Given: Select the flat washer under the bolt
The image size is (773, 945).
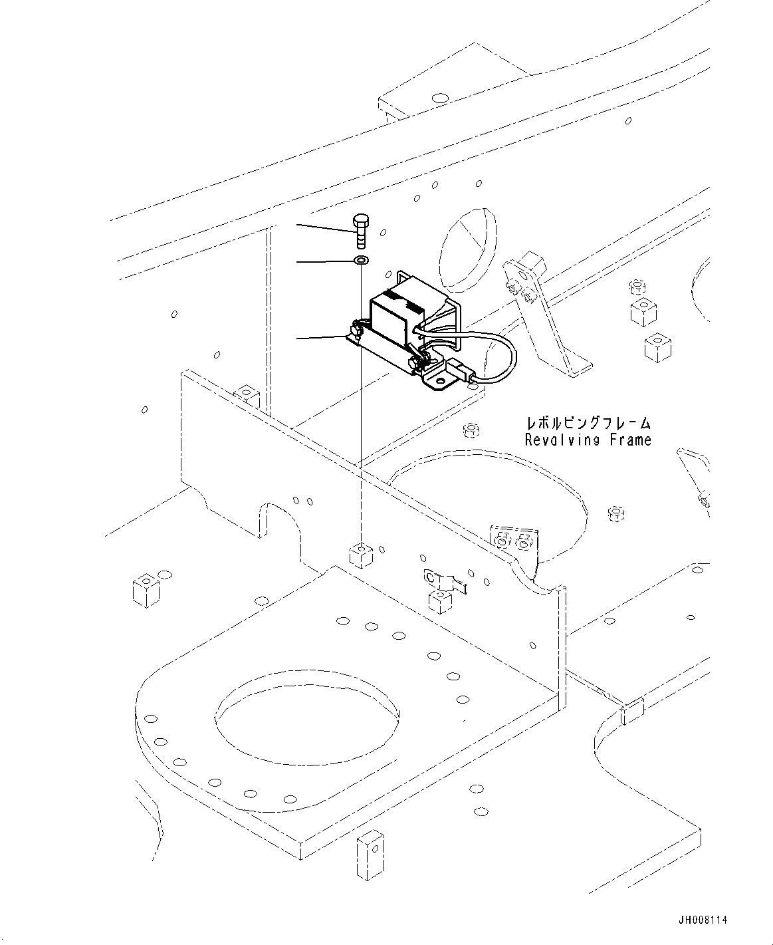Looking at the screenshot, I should tap(360, 260).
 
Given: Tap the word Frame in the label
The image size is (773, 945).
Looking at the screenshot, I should tap(629, 440).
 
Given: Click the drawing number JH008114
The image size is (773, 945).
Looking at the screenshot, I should tap(703, 920).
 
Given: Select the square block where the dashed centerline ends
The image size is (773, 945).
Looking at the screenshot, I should tap(360, 554).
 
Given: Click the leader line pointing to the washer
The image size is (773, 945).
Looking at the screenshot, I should tap(325, 261).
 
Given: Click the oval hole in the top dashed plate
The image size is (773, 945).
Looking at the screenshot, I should tap(439, 98).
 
